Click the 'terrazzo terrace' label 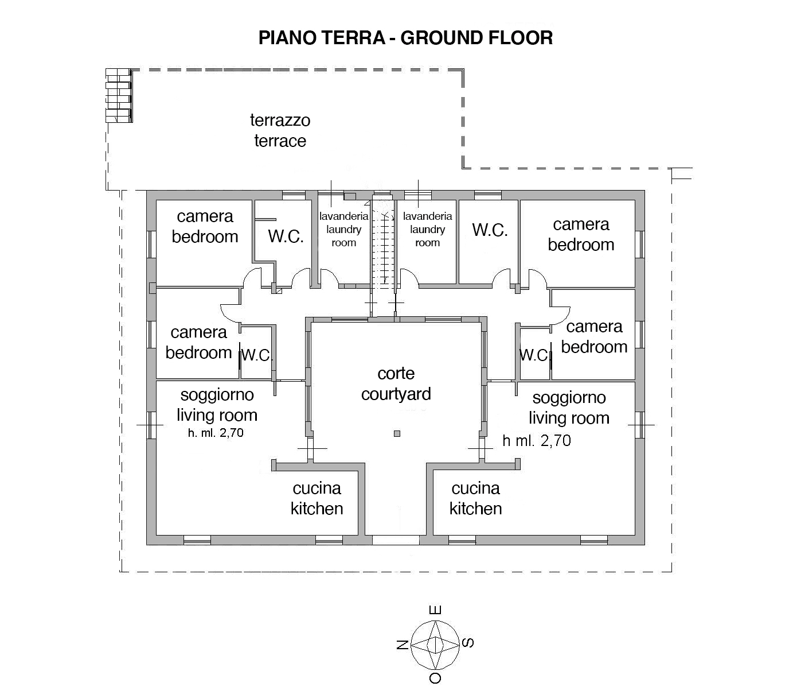pyautogui.click(x=280, y=130)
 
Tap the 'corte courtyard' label pyautogui.click(x=396, y=383)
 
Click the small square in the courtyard pyautogui.click(x=397, y=433)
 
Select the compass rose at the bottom pyautogui.click(x=435, y=645)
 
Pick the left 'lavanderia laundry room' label pyautogui.click(x=343, y=229)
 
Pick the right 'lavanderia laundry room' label pyautogui.click(x=427, y=229)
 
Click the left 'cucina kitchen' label pyautogui.click(x=317, y=498)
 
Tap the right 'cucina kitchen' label pyautogui.click(x=475, y=498)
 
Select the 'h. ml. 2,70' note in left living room pyautogui.click(x=216, y=433)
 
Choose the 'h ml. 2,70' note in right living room pyautogui.click(x=537, y=441)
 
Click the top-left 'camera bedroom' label pyautogui.click(x=205, y=227)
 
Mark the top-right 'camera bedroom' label pyautogui.click(x=581, y=235)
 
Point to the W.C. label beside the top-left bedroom pyautogui.click(x=286, y=236)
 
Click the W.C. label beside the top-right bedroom pyautogui.click(x=490, y=230)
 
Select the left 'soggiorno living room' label pyautogui.click(x=217, y=405)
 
